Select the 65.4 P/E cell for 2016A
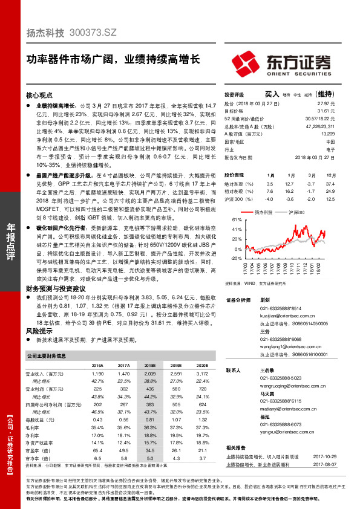(97, 450)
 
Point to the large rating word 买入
(272, 95)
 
